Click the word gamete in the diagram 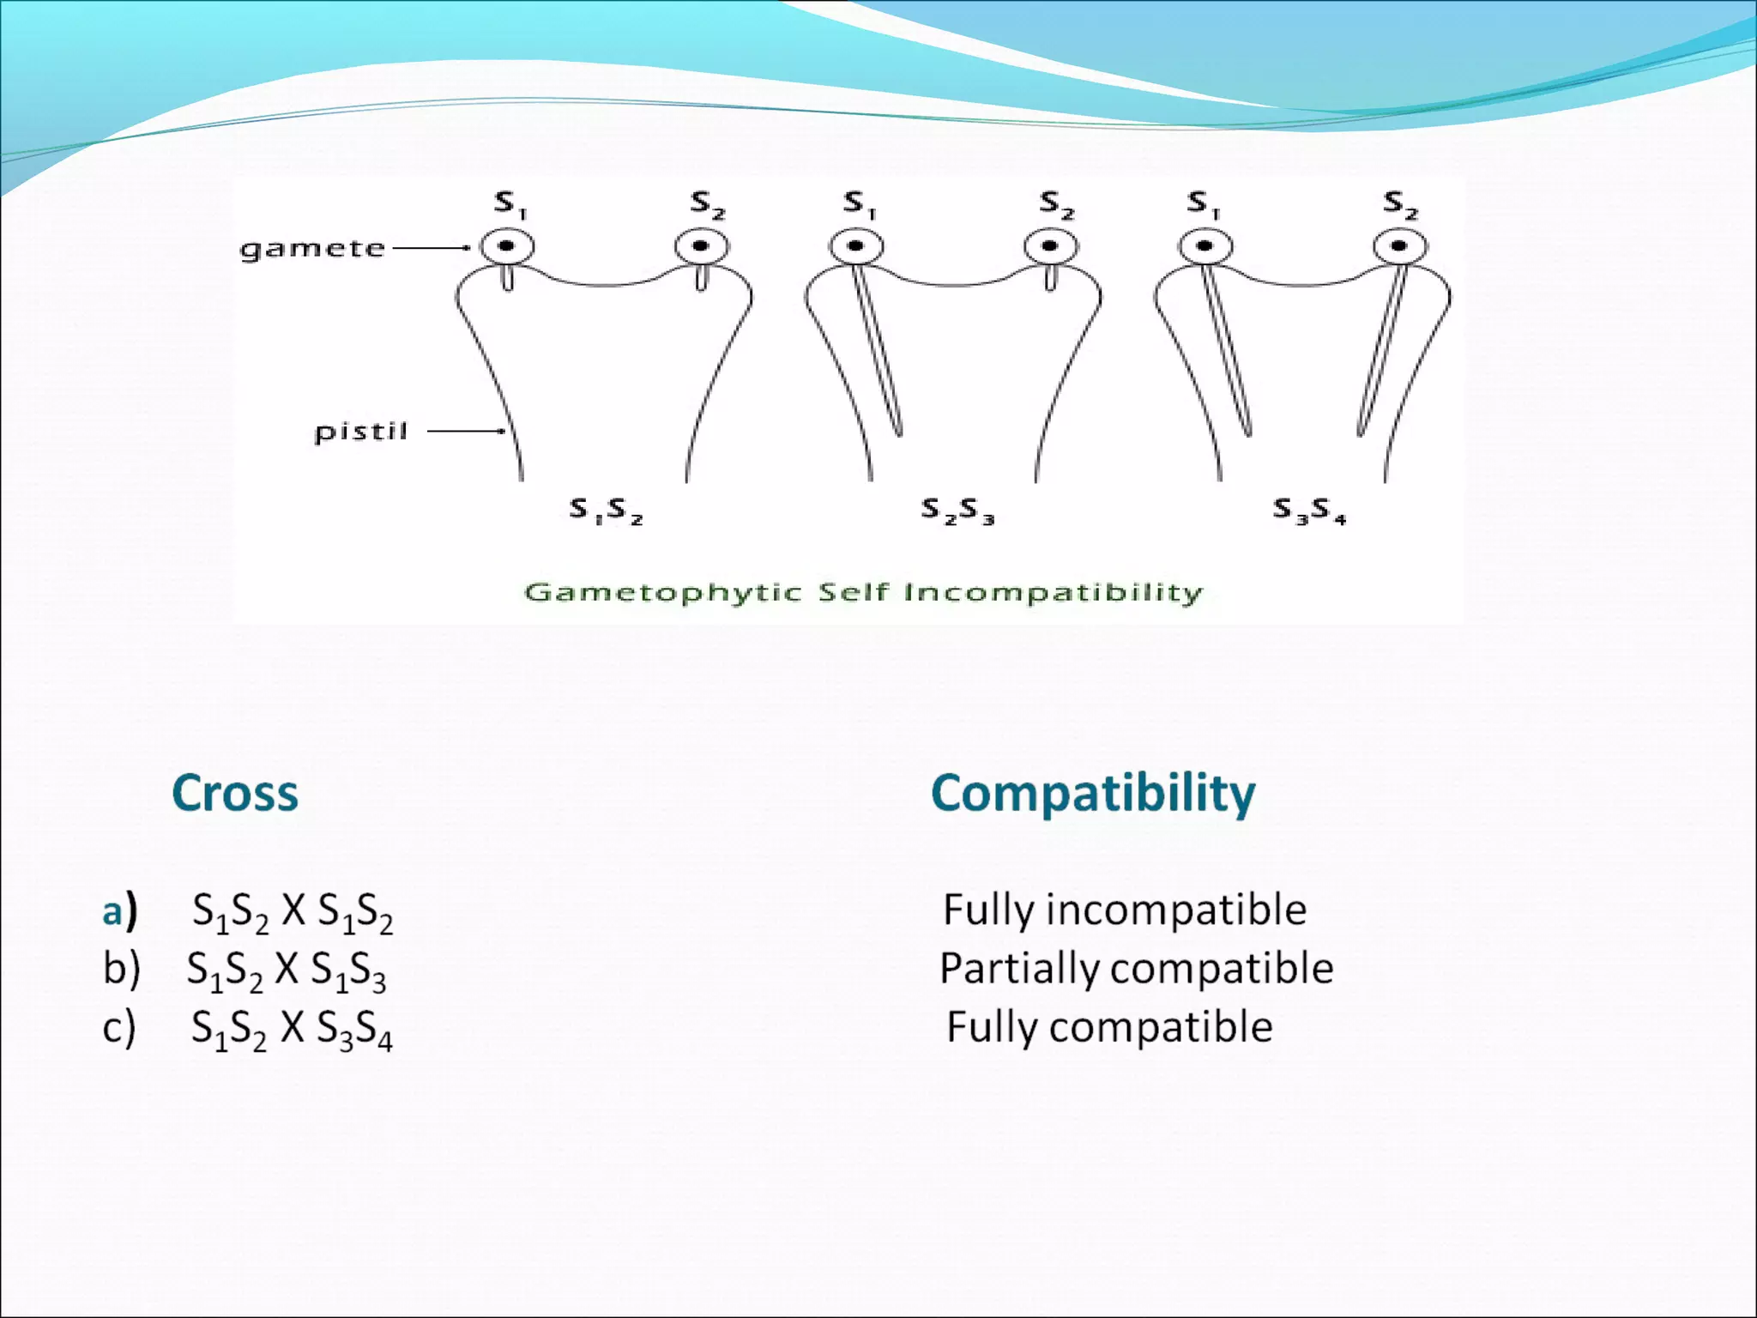[x=312, y=249]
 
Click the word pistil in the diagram [x=360, y=432]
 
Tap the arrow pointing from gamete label [x=431, y=248]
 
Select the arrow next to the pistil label [x=466, y=432]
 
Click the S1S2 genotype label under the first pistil [x=607, y=511]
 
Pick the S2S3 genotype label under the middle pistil [x=957, y=511]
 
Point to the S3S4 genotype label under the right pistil [x=1309, y=511]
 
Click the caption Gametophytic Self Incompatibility [x=863, y=593]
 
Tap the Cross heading [x=235, y=793]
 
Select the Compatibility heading [x=1093, y=793]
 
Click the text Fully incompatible [x=1124, y=910]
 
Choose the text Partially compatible [x=1136, y=969]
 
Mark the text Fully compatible [x=1109, y=1027]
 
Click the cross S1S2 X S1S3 [x=287, y=970]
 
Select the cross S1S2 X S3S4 [x=292, y=1029]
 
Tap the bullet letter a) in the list [x=119, y=911]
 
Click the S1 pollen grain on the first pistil [x=506, y=246]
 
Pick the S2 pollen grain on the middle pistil [x=1050, y=246]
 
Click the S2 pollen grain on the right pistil [x=1399, y=246]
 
